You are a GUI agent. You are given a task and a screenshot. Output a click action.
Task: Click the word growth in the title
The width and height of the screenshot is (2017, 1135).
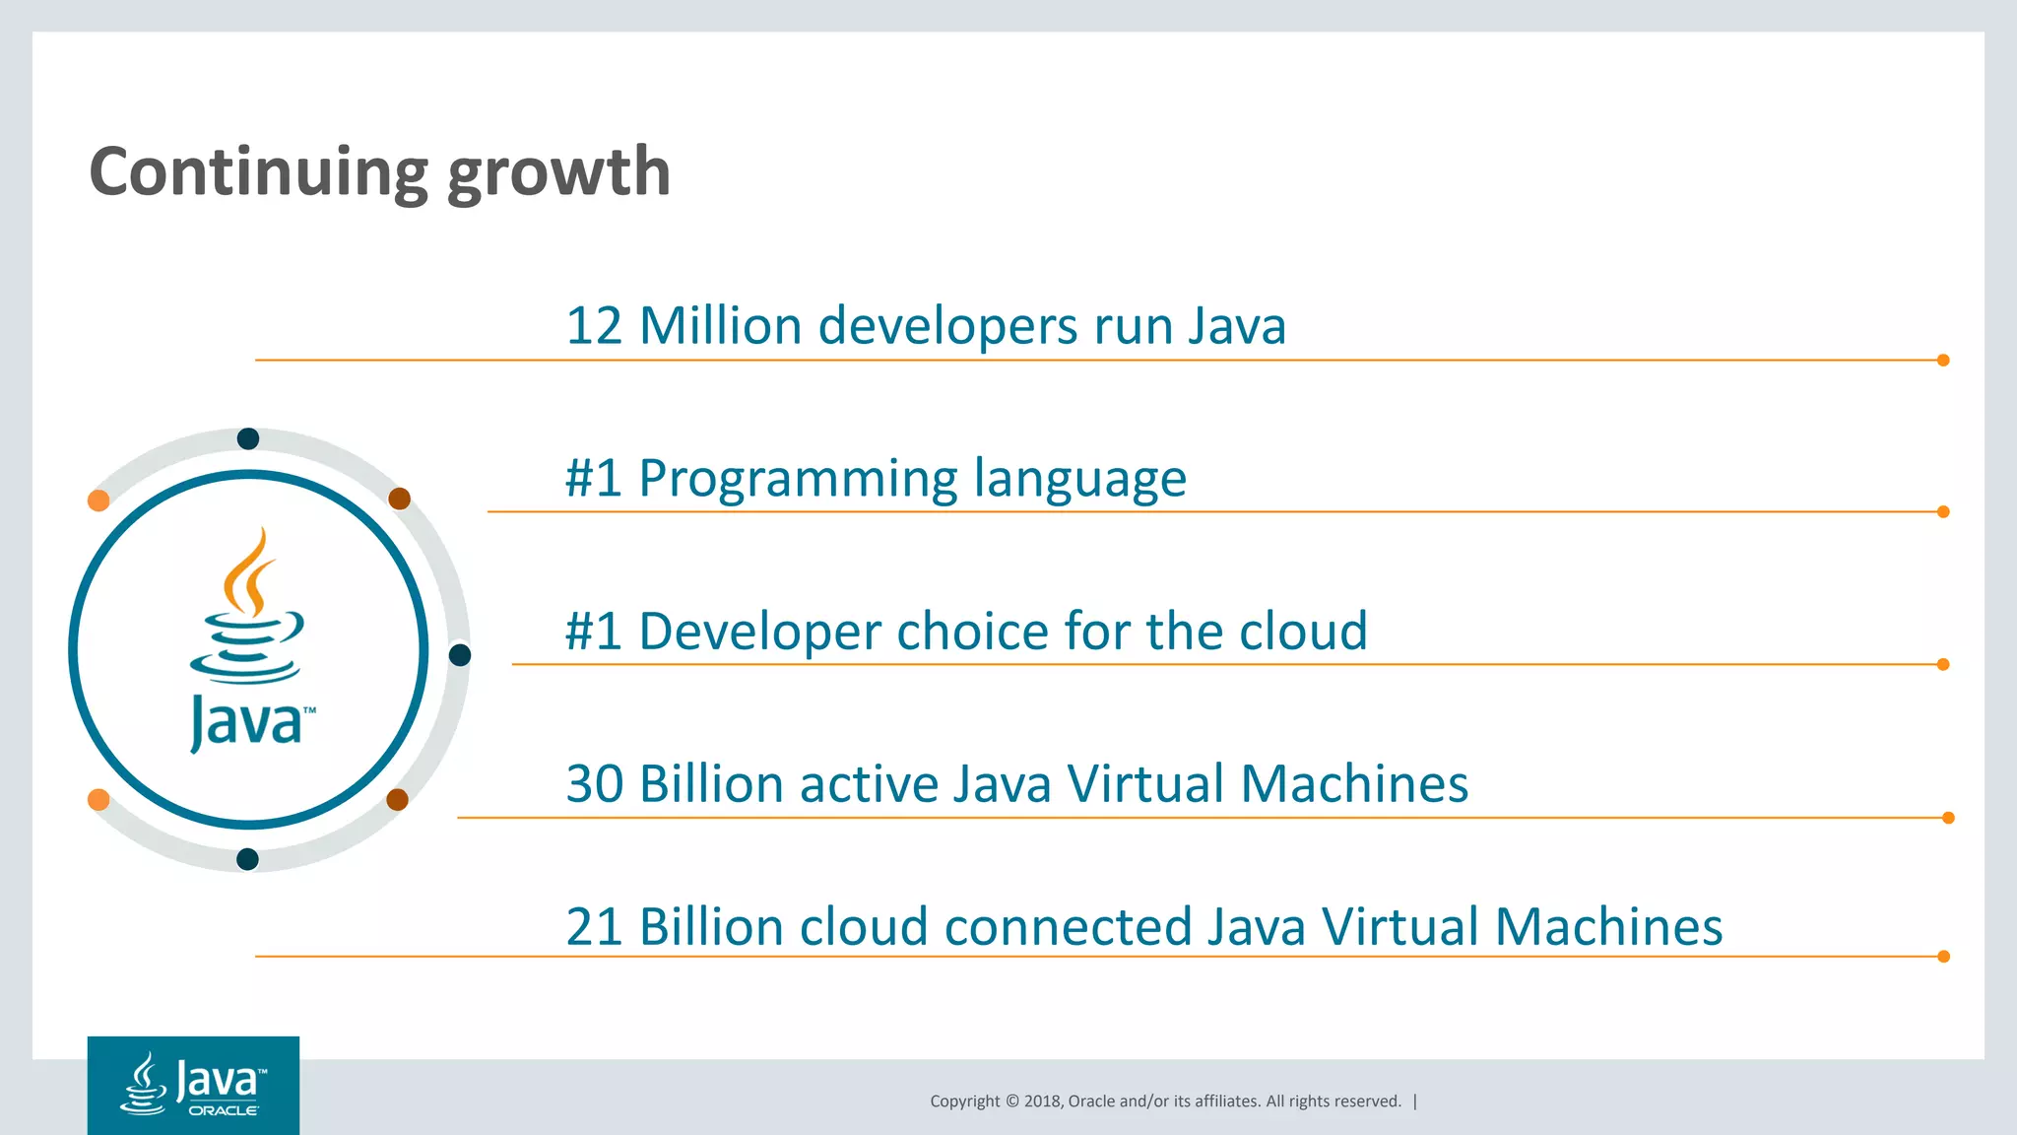(x=558, y=173)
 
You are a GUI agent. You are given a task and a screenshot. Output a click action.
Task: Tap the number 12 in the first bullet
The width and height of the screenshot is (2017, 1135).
(x=594, y=326)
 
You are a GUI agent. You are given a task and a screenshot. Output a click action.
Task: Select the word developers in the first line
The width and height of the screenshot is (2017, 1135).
(x=947, y=326)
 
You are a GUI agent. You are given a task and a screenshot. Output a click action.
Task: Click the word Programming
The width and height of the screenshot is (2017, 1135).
(x=797, y=479)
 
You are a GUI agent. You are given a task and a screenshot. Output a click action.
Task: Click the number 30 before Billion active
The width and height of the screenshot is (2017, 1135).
(x=594, y=784)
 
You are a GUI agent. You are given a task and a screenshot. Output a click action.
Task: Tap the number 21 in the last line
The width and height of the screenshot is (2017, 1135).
(x=594, y=927)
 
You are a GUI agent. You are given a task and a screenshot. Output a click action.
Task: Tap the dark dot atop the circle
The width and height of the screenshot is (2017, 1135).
(x=248, y=438)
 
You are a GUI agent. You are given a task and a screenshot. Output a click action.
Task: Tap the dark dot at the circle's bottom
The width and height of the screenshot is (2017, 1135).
(x=248, y=859)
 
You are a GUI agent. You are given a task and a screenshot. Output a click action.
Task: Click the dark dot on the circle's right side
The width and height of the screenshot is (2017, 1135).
(x=460, y=655)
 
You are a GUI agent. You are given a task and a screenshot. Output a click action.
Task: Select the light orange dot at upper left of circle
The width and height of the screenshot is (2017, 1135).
(x=98, y=501)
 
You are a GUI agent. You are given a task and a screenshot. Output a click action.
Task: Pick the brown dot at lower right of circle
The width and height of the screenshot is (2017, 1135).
(x=398, y=799)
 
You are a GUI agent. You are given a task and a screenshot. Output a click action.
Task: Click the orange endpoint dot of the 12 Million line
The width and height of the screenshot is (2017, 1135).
(x=1943, y=361)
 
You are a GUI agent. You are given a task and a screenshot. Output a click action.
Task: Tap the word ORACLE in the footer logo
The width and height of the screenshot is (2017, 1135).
(x=224, y=1110)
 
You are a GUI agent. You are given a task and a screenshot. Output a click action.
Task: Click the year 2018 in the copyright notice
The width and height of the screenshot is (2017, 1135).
(x=1042, y=1102)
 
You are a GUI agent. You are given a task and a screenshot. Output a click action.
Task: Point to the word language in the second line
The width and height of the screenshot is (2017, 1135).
(x=1079, y=479)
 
